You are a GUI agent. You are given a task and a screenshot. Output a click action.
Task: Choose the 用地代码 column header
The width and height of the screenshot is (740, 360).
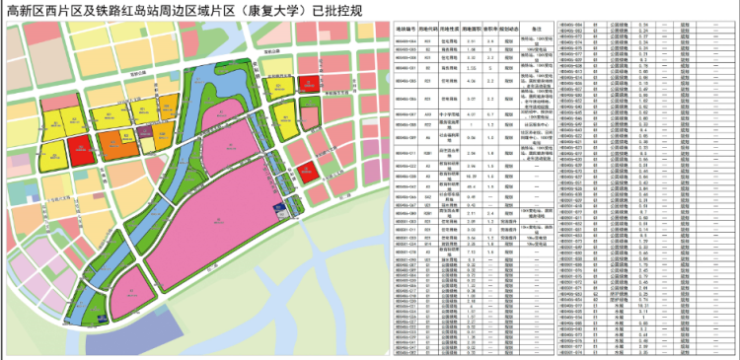pyautogui.click(x=431, y=31)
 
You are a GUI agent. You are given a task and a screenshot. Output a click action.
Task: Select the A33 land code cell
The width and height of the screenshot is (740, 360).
pyautogui.click(x=431, y=114)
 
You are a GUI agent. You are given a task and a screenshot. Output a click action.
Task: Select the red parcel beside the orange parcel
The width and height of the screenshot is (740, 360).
pyautogui.click(x=81, y=152)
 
